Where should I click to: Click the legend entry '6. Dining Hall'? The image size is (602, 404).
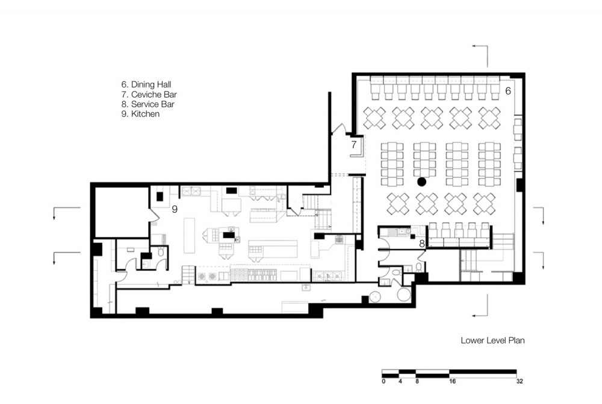tap(146, 84)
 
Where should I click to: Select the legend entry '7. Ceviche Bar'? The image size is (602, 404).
tap(149, 95)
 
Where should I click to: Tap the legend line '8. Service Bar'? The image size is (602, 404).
tap(148, 104)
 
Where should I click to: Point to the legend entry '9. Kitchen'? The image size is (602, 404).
tap(140, 114)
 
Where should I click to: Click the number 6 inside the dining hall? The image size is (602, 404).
tap(508, 91)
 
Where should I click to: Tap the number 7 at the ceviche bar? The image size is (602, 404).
tap(353, 145)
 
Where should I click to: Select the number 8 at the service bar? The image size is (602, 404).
tap(421, 244)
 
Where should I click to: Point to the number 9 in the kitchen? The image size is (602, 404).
tap(175, 209)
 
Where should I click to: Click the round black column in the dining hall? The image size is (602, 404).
tap(421, 182)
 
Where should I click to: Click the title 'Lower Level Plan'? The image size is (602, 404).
tap(492, 340)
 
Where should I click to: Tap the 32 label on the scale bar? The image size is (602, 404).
tap(520, 381)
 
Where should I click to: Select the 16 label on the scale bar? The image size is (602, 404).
tap(452, 381)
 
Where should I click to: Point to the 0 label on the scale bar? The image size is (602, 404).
tap(383, 381)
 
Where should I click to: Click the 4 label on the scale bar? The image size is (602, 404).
tap(400, 381)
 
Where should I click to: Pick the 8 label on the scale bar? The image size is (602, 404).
tap(417, 381)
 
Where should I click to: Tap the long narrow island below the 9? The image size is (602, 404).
tap(189, 235)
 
